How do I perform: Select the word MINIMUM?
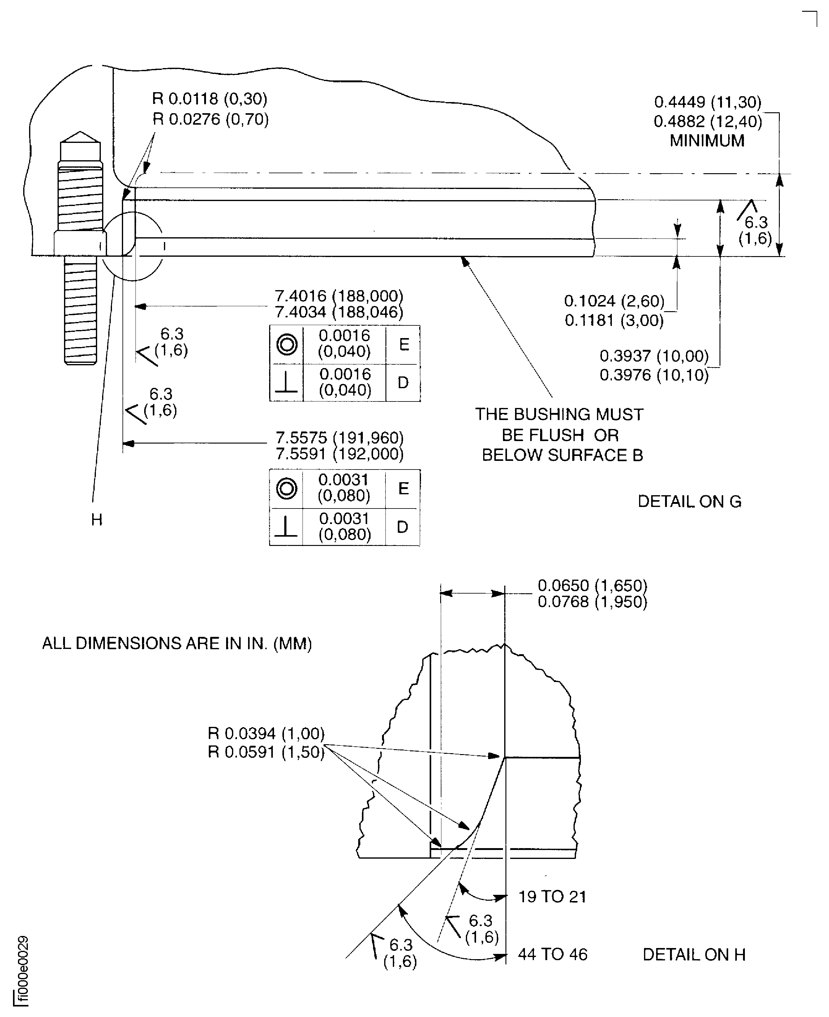707,141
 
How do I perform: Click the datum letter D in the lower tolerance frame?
402,527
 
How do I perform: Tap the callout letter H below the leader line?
97,520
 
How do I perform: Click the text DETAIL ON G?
689,501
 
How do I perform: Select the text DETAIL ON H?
694,955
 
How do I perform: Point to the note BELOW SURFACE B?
562,455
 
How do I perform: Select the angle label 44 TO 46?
552,955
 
